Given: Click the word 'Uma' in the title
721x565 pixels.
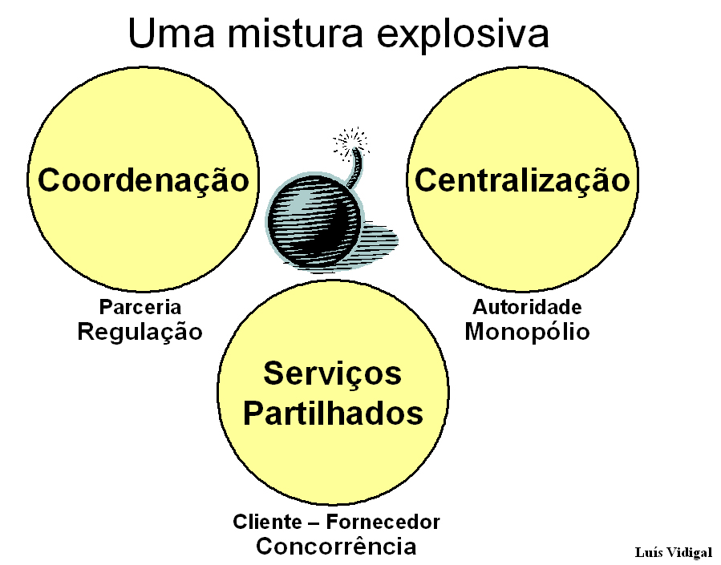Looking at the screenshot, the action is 172,33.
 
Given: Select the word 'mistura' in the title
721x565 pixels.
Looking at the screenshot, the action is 295,32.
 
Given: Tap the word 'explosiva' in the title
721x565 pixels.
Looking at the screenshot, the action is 463,36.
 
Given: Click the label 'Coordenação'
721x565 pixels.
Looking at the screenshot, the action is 143,180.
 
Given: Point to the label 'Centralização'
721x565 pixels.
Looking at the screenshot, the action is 522,180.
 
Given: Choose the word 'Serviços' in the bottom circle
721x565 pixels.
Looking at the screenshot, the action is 333,374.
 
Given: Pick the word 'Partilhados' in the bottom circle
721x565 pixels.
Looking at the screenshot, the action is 333,413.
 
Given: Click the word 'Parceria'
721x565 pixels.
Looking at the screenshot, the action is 140,307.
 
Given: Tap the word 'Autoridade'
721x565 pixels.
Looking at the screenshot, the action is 527,307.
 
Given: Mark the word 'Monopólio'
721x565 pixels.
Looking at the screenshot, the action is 527,332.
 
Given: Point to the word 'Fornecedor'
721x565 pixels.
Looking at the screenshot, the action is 383,522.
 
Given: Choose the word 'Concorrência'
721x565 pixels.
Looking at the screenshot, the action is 336,547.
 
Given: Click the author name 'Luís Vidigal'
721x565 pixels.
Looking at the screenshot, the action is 673,552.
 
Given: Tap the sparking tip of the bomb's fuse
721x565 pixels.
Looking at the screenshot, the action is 352,143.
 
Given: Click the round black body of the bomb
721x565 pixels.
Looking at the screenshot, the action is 315,221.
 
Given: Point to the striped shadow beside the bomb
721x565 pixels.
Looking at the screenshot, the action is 379,238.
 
